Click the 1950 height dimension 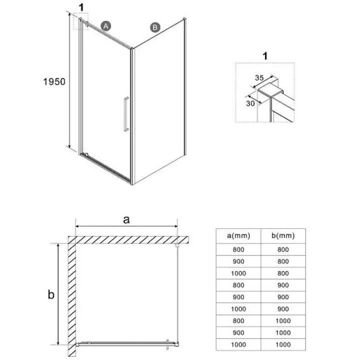pyautogui.click(x=54, y=81)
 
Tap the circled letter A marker pyautogui.click(x=106, y=26)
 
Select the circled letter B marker pyautogui.click(x=155, y=27)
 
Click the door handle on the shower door pyautogui.click(x=126, y=114)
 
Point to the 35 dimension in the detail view pyautogui.click(x=259, y=78)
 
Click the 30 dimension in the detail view pyautogui.click(x=250, y=103)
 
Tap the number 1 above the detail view pyautogui.click(x=265, y=56)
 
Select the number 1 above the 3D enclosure pyautogui.click(x=81, y=7)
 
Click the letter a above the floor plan pyautogui.click(x=126, y=219)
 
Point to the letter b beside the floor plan pyautogui.click(x=51, y=294)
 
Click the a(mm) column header pyautogui.click(x=238, y=236)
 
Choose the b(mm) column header pyautogui.click(x=283, y=236)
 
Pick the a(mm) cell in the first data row pyautogui.click(x=238, y=249)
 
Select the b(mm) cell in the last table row pyautogui.click(x=283, y=344)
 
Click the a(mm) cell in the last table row pyautogui.click(x=238, y=344)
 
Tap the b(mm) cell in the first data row pyautogui.click(x=283, y=249)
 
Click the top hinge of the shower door pyautogui.click(x=87, y=24)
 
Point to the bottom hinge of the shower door pyautogui.click(x=86, y=154)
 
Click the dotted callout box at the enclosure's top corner pyautogui.click(x=81, y=21)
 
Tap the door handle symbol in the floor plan pyautogui.click(x=167, y=344)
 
